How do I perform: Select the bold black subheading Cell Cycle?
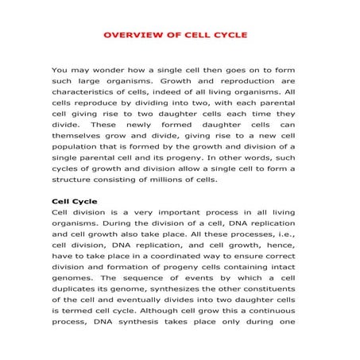tap(73, 201)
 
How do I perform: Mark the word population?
tap(76, 147)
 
